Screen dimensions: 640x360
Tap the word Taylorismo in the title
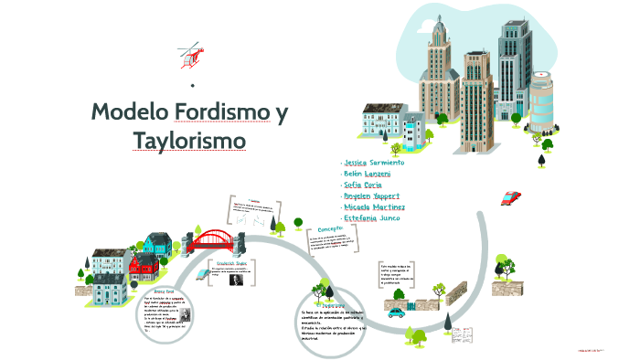[x=189, y=141]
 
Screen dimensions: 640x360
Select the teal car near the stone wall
[x=396, y=312]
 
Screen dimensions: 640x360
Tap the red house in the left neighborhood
[x=143, y=266]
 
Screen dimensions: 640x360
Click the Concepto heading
[x=330, y=228]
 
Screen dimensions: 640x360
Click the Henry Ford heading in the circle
[x=164, y=291]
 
